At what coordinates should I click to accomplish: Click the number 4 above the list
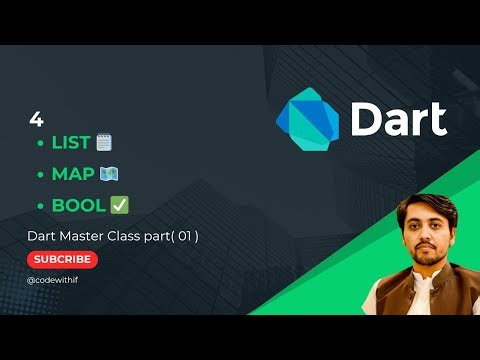point(37,119)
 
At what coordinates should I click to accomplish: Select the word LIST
point(72,143)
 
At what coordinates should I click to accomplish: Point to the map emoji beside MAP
point(110,174)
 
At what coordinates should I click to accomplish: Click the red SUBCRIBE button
point(63,259)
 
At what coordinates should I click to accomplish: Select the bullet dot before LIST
point(39,144)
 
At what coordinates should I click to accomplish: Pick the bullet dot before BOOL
point(39,207)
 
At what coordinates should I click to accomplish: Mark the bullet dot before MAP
point(39,175)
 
